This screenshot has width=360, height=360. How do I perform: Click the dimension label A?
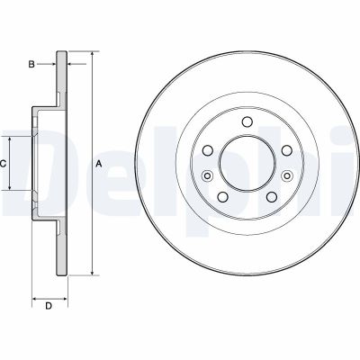(98, 163)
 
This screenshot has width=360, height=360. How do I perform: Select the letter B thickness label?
(31, 64)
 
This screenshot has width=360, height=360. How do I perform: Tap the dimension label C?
(4, 164)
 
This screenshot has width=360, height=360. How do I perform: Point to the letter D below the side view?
(49, 307)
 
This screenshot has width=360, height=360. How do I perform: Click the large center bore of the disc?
(245, 166)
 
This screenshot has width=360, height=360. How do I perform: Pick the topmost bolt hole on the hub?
(245, 124)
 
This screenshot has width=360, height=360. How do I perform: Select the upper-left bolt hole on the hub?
(208, 151)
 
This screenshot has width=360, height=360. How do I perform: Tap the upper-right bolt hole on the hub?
(282, 151)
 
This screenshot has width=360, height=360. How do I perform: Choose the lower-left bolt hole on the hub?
(222, 195)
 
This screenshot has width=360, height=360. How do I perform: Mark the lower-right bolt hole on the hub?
(267, 195)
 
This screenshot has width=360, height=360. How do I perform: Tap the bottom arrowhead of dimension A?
(91, 272)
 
